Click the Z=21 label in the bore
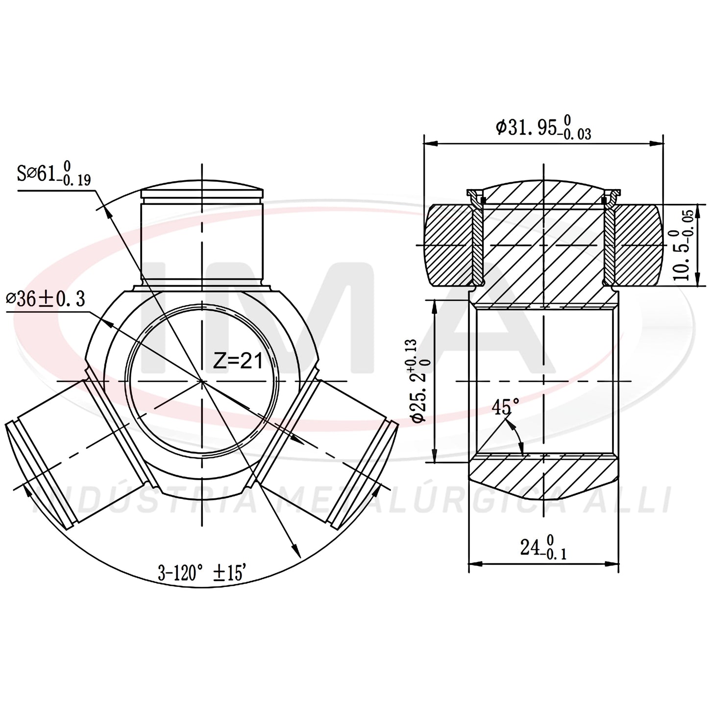coord(238,361)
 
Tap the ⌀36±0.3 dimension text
coord(46,299)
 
